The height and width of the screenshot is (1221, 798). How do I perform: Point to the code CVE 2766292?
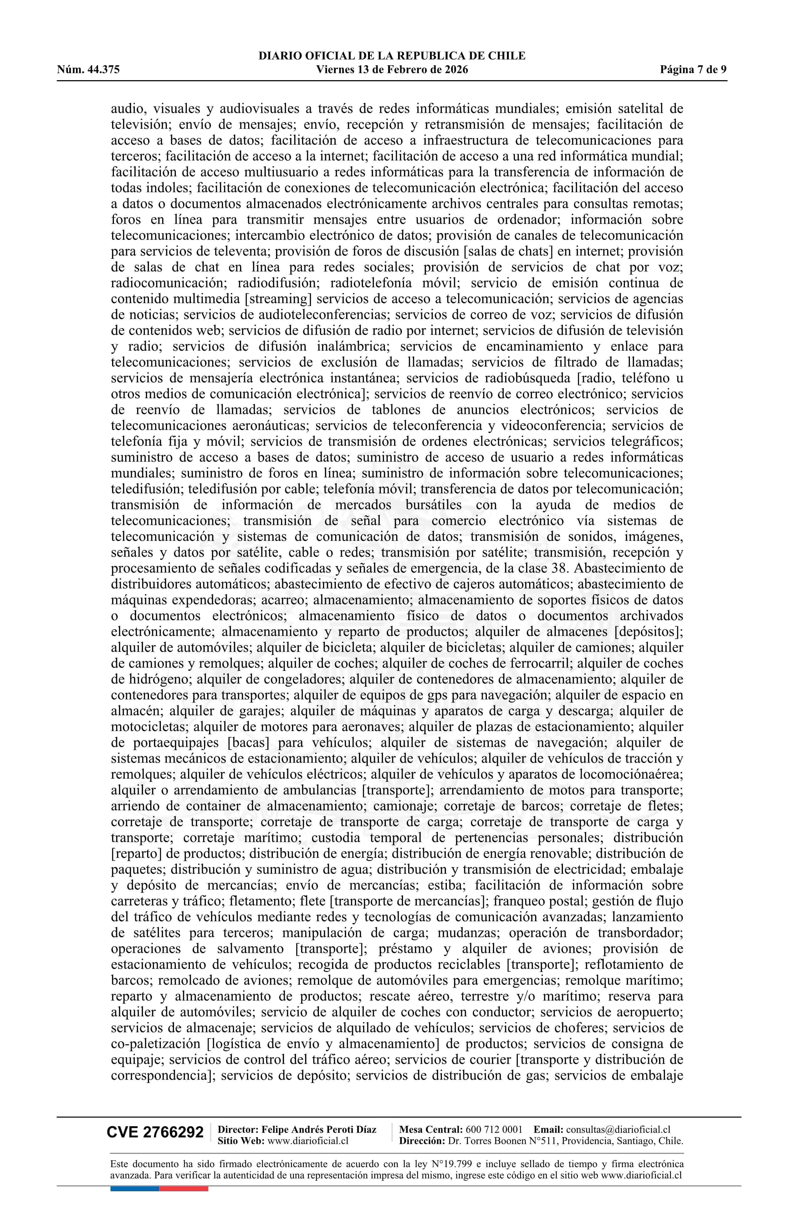click(x=155, y=1132)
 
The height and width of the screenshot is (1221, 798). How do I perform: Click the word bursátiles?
click(x=433, y=505)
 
